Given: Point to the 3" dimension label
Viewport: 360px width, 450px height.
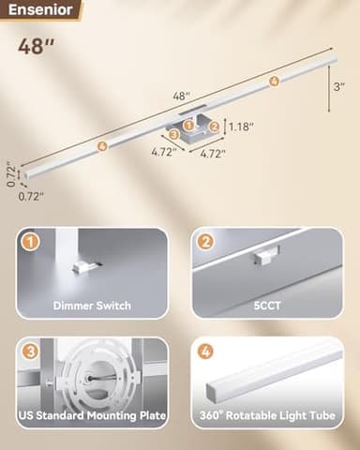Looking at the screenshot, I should click(339, 86).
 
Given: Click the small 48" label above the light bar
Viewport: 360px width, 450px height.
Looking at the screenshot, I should click(182, 95).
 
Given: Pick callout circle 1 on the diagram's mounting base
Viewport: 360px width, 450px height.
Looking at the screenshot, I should click(188, 124).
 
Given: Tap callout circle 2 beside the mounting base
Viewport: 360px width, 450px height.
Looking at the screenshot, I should click(215, 127).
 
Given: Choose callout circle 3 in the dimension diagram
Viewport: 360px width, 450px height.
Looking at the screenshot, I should click(174, 134).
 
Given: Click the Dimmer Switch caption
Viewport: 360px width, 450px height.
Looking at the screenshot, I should click(92, 306).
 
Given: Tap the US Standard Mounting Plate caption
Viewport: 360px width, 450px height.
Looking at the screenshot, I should click(92, 413).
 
